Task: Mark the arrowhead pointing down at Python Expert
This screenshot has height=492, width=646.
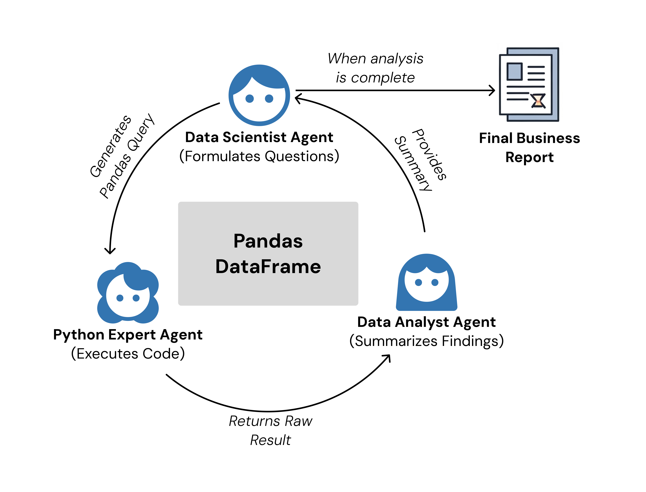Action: tap(110, 251)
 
